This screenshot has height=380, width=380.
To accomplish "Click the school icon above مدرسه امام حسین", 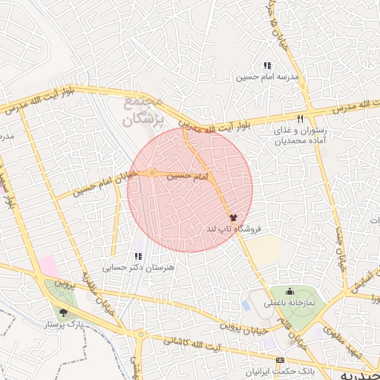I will [267, 66].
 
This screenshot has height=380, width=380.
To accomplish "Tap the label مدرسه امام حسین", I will [267, 76].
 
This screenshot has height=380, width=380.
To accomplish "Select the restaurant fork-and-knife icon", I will [300, 119].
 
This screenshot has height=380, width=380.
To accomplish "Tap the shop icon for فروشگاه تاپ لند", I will [234, 218].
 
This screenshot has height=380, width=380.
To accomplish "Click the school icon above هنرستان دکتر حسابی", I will [138, 256].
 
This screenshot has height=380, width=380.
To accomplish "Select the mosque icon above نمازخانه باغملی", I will [289, 291].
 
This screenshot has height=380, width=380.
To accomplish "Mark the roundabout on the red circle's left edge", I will [151, 173].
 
